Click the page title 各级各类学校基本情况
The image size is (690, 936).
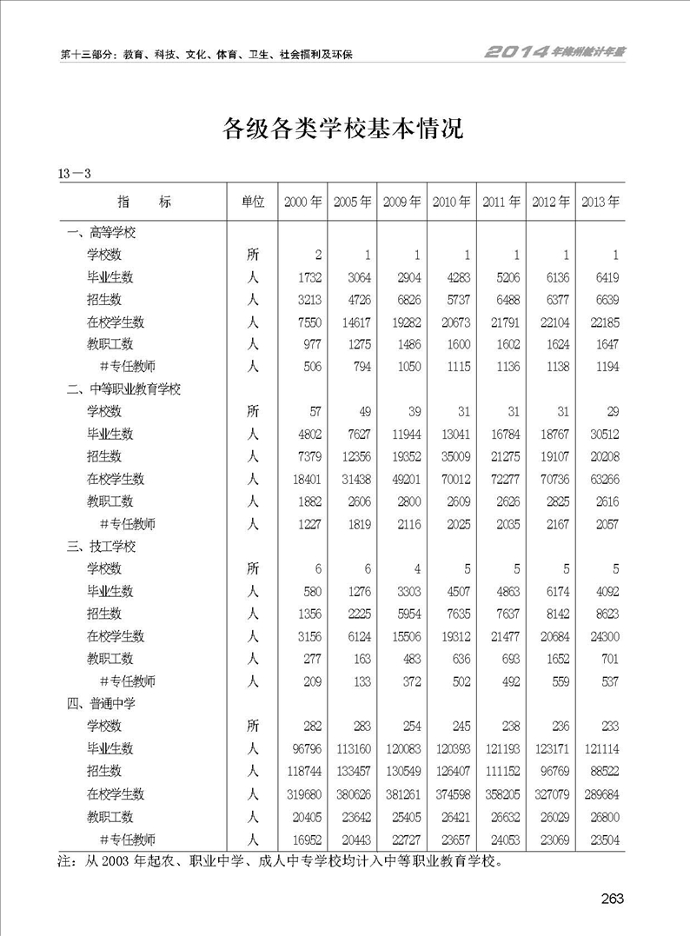344,129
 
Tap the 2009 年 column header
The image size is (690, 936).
402,202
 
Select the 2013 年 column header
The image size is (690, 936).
600,202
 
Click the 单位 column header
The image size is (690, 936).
252,202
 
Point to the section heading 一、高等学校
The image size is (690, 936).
102,233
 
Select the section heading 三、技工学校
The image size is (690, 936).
102,547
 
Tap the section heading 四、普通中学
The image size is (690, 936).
102,703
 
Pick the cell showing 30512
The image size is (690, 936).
601,435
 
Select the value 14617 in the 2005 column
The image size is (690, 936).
354,322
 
